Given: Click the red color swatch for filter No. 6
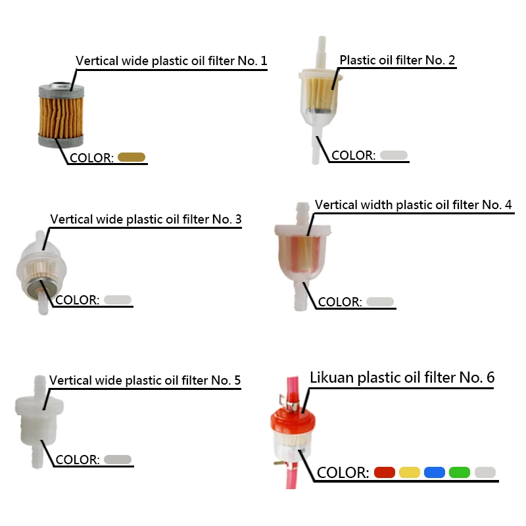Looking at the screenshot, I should point(384,472).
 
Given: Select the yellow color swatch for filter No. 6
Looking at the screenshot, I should point(409,472).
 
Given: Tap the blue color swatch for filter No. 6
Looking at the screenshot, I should point(435,472).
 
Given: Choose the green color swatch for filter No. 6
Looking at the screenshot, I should point(460,472).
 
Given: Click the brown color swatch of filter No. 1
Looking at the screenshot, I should point(131,157).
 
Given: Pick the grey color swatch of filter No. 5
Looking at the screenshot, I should point(118,459).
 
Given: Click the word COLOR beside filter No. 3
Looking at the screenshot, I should point(77,300).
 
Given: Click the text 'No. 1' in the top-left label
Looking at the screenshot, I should point(254,61).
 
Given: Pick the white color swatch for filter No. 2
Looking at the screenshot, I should point(394,155).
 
